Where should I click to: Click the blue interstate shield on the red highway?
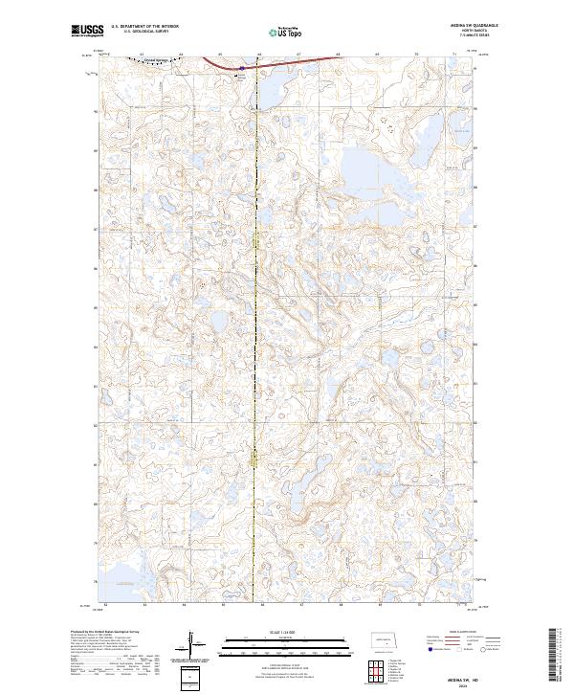coord(242,68)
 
